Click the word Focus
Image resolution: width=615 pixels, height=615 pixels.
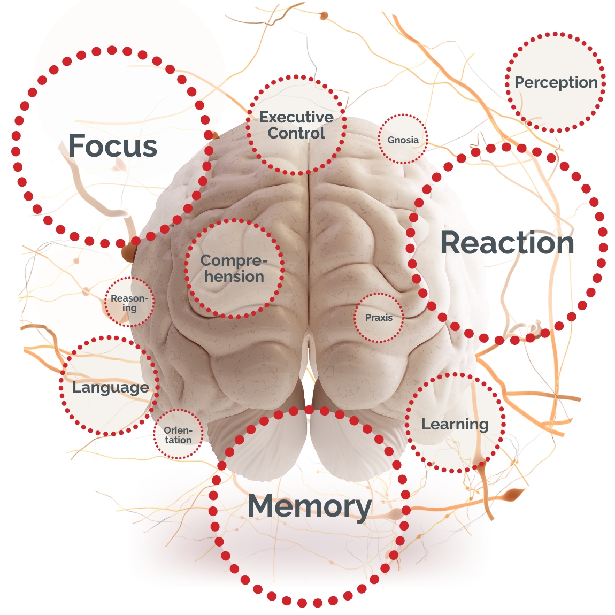click(x=113, y=146)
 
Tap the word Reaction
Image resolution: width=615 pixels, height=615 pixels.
click(x=507, y=243)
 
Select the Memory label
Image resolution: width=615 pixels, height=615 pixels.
click(x=310, y=506)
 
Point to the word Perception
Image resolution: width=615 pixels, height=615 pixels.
click(x=556, y=82)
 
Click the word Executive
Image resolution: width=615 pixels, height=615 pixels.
click(x=296, y=117)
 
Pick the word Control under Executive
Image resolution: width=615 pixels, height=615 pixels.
click(x=296, y=133)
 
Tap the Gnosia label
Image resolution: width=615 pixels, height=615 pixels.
click(x=403, y=140)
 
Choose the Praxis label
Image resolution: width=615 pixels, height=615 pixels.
click(x=379, y=318)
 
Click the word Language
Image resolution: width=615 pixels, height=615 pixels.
click(x=111, y=387)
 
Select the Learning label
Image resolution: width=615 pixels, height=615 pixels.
click(x=455, y=425)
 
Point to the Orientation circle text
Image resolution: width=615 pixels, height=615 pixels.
click(x=178, y=435)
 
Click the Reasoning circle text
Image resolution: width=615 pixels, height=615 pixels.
click(x=129, y=303)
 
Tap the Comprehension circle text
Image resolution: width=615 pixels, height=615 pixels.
click(x=234, y=268)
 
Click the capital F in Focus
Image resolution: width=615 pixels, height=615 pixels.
click(x=78, y=146)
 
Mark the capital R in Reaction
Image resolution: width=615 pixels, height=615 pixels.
click(x=451, y=243)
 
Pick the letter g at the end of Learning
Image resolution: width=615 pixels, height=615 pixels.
click(x=483, y=426)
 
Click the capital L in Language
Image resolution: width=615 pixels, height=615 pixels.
click(x=76, y=387)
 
